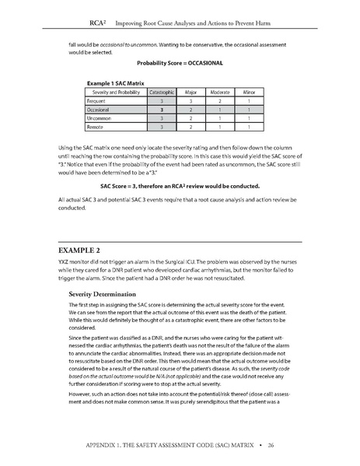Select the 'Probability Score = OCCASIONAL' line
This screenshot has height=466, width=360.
[x=180, y=62]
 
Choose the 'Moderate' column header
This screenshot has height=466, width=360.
[x=221, y=91]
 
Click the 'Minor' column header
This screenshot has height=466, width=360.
[x=250, y=91]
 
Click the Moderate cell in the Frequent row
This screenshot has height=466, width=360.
[x=221, y=100]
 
